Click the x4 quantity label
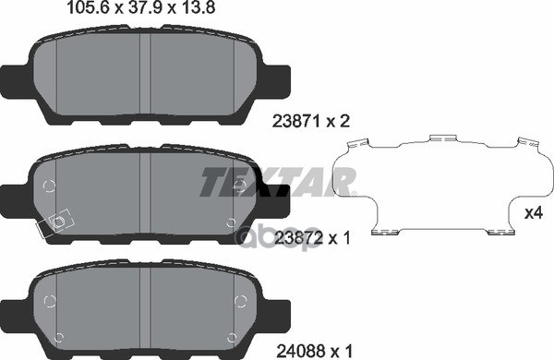[x=532, y=213]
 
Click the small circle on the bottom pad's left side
[x=51, y=302]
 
